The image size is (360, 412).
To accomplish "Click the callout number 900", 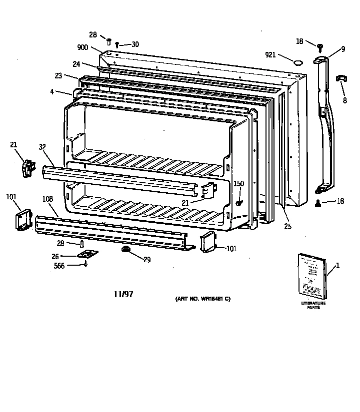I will tap(82, 47).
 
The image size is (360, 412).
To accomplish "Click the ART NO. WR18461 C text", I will tap(202, 299).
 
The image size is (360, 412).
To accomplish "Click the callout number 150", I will tap(239, 184).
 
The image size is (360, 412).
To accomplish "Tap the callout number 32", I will tap(42, 147).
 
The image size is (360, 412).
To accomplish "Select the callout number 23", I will tap(59, 76).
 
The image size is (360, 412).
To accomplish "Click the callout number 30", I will tap(135, 44).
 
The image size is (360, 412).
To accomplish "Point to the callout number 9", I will tap(343, 48).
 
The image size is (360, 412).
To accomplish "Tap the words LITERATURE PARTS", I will tap(313, 305).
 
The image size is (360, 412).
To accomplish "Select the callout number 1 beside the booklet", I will tap(337, 265).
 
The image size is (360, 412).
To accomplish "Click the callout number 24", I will tap(76, 63).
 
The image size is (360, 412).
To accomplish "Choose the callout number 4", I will tap(52, 92).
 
